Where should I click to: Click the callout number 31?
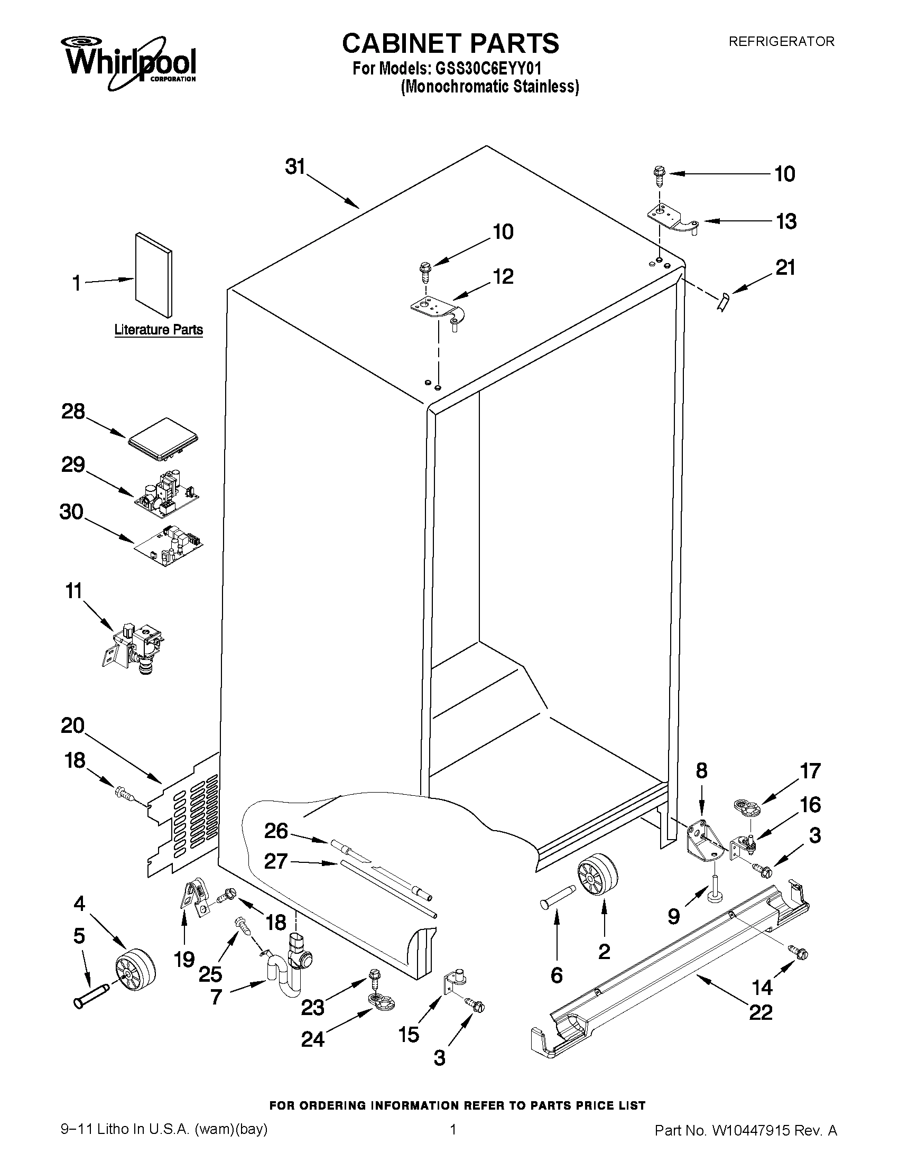(x=295, y=166)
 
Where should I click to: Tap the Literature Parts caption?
(x=159, y=330)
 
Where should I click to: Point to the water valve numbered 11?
(x=134, y=647)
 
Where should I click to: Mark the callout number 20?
(x=73, y=725)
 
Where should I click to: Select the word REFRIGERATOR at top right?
(x=781, y=42)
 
